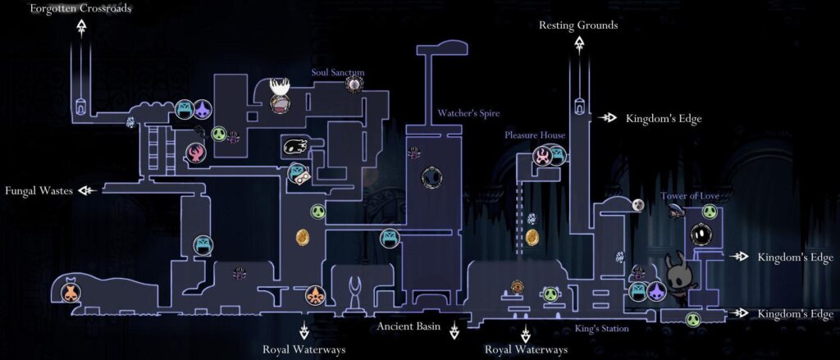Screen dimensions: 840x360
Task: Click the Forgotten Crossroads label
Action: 80,8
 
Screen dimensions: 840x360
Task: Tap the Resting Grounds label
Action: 578,25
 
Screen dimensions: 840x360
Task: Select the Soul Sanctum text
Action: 337,72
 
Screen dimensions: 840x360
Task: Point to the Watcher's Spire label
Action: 468,113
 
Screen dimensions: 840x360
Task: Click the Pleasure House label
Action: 535,135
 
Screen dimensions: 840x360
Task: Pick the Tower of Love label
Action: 689,196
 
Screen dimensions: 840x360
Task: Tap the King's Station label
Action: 602,328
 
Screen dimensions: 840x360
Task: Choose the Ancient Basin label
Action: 409,326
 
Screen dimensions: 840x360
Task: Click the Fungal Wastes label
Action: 39,191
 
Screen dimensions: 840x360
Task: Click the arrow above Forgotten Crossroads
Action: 81,28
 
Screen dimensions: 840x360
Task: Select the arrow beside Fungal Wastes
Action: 87,190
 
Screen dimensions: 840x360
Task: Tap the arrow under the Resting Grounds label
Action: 579,45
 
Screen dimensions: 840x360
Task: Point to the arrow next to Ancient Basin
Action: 454,330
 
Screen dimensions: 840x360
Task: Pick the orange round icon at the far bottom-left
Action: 71,293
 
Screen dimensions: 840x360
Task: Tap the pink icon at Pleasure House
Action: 542,156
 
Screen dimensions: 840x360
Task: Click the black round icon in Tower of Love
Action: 701,234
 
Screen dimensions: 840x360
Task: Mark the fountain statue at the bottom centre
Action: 355,295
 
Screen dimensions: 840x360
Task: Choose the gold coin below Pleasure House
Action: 532,237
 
